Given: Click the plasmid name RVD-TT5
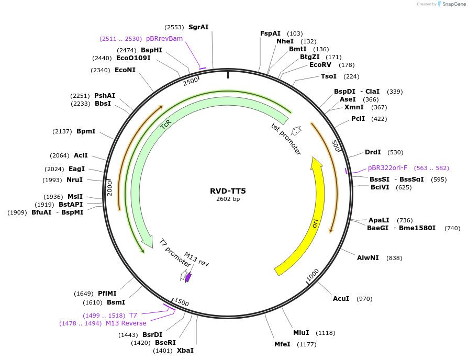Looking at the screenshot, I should (228, 190).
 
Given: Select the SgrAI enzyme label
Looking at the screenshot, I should (198, 27).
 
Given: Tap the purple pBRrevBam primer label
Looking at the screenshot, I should (164, 39).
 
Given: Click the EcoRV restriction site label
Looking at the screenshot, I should (320, 65).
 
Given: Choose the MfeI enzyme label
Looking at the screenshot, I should (283, 344).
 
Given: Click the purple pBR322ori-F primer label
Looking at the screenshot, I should (387, 168).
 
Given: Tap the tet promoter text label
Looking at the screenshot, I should (286, 139).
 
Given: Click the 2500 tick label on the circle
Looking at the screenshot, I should (191, 81).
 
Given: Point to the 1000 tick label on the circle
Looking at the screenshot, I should (313, 274).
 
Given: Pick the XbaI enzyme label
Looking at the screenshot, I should (185, 351).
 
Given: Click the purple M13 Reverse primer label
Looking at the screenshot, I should (126, 323).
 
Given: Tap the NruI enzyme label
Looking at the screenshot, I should (75, 180).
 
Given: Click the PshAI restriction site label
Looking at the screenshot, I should (105, 96).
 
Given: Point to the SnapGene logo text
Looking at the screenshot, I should (454, 4).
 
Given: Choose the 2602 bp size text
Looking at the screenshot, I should (228, 199).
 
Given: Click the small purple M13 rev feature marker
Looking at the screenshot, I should (188, 277).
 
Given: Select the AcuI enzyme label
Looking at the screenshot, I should (341, 299).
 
